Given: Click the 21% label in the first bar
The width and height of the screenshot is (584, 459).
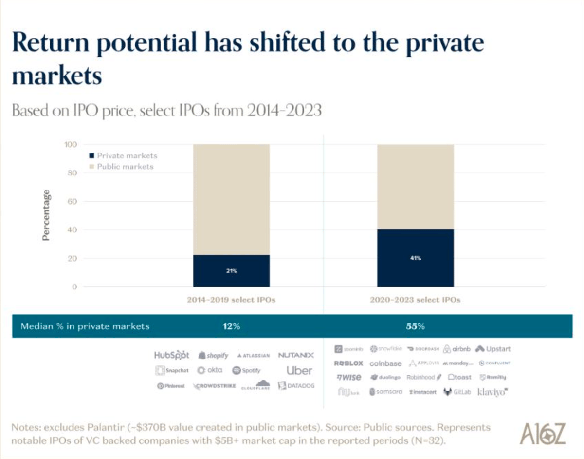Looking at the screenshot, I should tap(231, 271).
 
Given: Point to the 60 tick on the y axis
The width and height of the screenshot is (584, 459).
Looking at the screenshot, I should tap(71, 201).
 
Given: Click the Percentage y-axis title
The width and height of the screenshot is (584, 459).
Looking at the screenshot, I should tap(46, 216).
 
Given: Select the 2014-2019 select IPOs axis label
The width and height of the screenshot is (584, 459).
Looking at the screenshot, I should tap(231, 300).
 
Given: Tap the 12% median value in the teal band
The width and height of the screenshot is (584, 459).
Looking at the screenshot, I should tap(231, 326).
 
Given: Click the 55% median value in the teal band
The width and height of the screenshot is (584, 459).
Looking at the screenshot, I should tap(415, 326).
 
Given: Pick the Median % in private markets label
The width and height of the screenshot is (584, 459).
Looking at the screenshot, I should tap(85, 326).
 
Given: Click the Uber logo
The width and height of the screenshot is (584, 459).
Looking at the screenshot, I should tap(299, 370).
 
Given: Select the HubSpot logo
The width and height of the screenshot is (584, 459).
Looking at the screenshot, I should tap(171, 355).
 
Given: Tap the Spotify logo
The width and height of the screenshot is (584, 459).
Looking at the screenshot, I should tap(246, 370).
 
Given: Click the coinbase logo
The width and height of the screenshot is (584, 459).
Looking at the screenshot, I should tap(385, 363).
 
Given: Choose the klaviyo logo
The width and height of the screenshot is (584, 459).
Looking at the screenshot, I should tap(493, 392).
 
